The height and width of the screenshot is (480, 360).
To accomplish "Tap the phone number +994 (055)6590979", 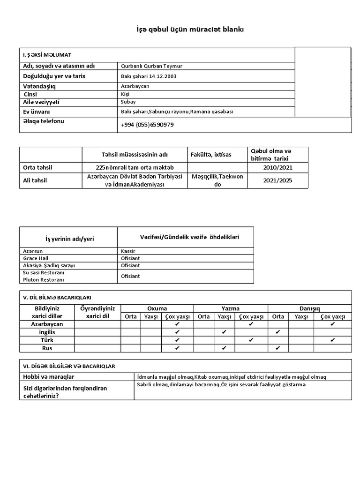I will click(x=147, y=125).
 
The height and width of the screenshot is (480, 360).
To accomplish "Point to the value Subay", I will click(x=127, y=102).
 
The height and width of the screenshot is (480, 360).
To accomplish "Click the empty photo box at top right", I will click(x=323, y=82).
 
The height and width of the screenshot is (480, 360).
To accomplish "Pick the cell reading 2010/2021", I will click(x=277, y=167).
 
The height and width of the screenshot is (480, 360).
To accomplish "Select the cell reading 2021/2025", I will click(x=277, y=180).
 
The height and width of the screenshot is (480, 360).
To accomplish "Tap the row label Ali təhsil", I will click(x=36, y=180).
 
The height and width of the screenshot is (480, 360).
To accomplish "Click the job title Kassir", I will click(x=127, y=251).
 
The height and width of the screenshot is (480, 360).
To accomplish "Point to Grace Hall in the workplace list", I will click(x=36, y=258).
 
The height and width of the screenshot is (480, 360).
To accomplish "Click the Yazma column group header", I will click(x=231, y=308).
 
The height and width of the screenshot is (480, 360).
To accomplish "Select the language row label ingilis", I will click(x=47, y=332).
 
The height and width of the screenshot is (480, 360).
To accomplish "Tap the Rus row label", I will click(x=47, y=348).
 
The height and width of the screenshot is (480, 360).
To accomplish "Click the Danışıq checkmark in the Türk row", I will click(x=333, y=340).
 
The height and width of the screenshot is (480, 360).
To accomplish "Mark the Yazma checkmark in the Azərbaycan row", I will click(x=251, y=324).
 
